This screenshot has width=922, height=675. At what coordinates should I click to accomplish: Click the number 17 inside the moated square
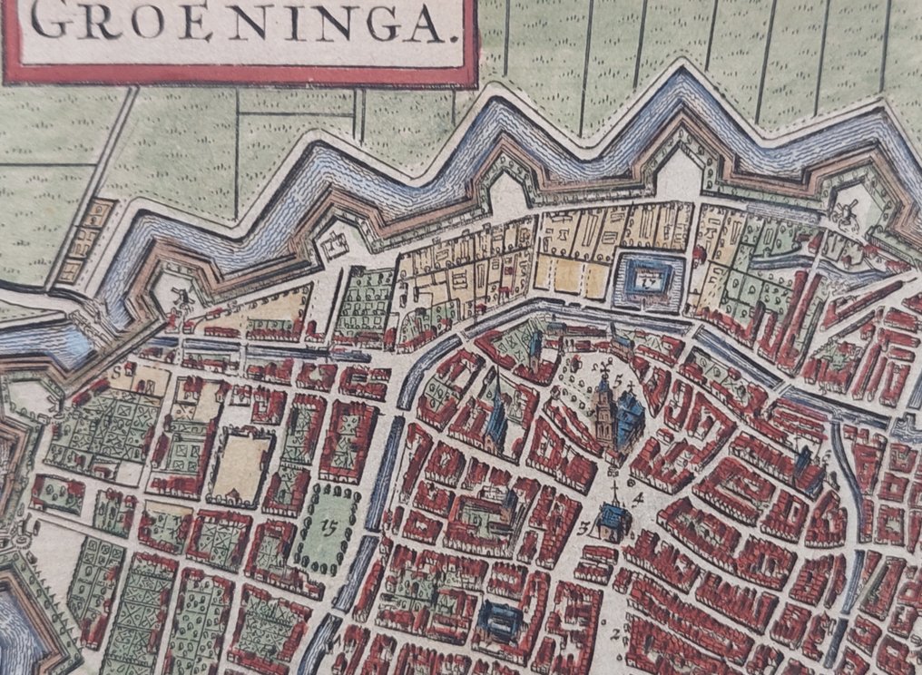[x=646, y=282]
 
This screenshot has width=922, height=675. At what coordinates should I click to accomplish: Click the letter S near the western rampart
[x=116, y=370]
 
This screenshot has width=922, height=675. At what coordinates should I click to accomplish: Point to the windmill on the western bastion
[x=179, y=297]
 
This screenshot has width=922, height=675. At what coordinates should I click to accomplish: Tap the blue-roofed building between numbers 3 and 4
[x=616, y=521]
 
